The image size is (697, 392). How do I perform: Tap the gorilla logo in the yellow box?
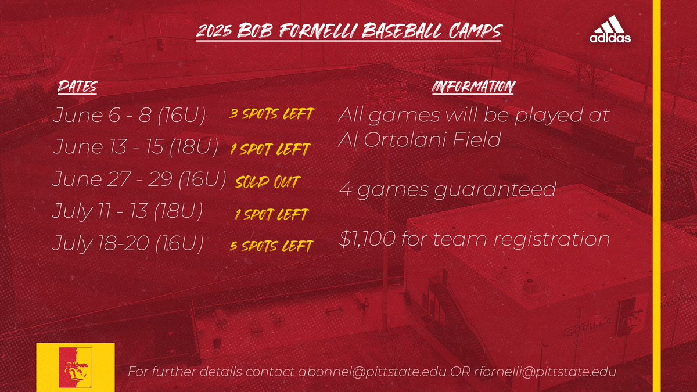point(76,367)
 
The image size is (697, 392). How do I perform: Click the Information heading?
point(473,88)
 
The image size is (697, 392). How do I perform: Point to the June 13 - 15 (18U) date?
point(135,148)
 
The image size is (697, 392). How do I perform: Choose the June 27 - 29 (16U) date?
point(139,179)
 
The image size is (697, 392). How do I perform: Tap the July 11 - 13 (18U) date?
point(127,211)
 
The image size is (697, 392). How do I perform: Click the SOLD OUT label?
point(267,183)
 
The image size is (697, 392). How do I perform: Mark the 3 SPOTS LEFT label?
point(271,114)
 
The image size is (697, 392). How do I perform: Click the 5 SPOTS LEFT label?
point(271,246)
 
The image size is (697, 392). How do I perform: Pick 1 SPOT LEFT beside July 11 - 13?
point(271,215)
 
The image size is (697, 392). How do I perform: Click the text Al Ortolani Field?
point(419,141)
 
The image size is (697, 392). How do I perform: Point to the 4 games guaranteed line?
point(447,190)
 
